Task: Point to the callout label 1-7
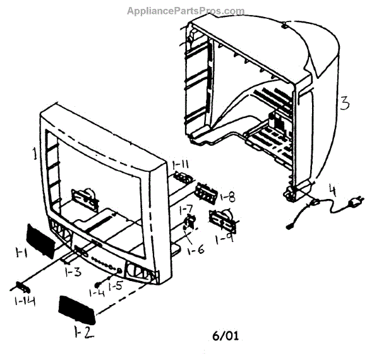(x=186, y=208)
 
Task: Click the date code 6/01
(x=226, y=335)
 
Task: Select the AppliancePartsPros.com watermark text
(x=186, y=11)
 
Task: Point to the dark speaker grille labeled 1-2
(x=76, y=307)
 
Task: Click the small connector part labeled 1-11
(x=181, y=177)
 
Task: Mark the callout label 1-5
(x=115, y=287)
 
